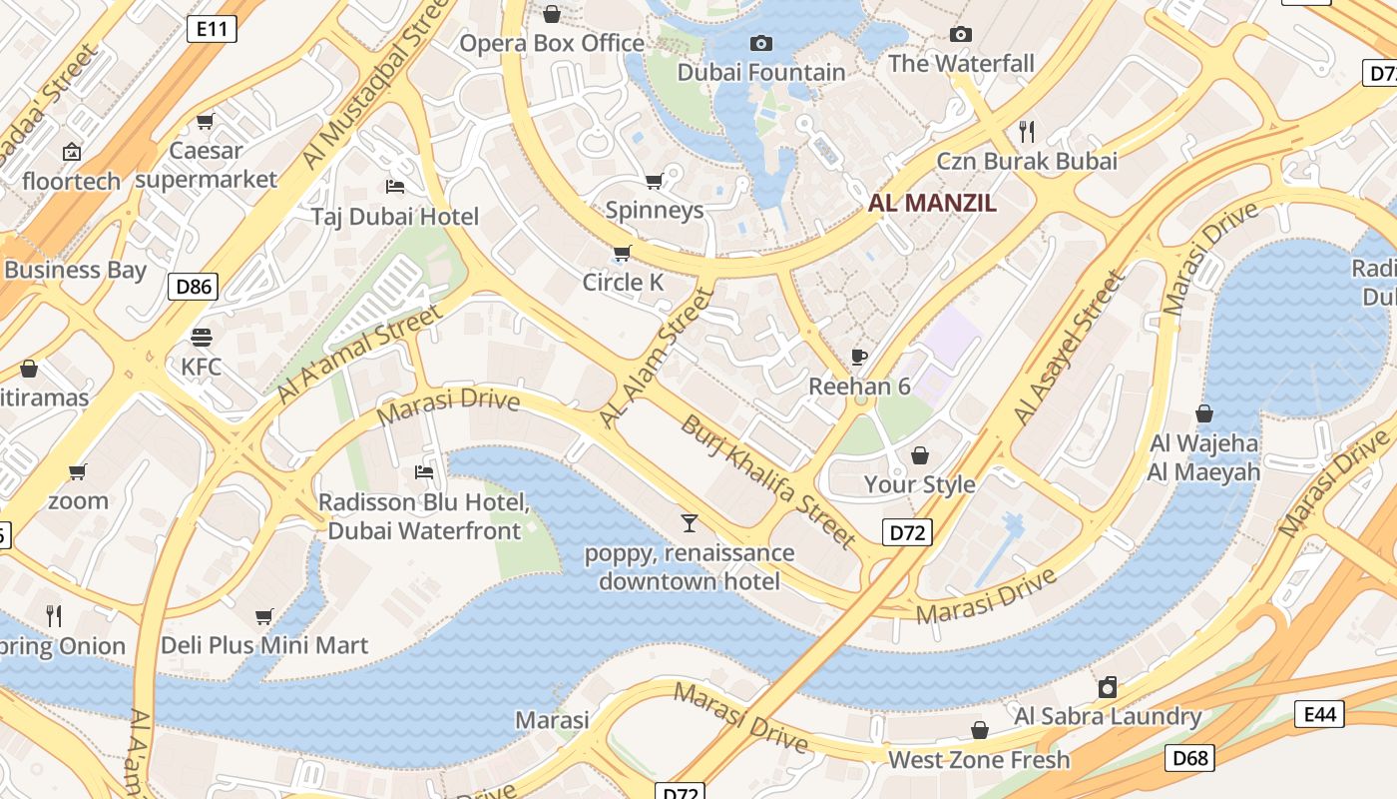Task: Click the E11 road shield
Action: point(212,29)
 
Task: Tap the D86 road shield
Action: point(193,288)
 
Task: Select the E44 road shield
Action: point(1319,713)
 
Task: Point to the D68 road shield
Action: point(1189,758)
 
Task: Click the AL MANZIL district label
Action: point(932,203)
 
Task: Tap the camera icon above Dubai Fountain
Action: point(760,44)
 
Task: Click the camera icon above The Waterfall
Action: point(961,35)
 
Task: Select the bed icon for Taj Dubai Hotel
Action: point(394,187)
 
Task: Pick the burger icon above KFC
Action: point(202,337)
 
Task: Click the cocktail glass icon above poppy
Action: point(689,522)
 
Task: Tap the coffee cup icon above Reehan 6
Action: point(858,357)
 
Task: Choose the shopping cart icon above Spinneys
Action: point(654,181)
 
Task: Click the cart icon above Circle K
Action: point(623,253)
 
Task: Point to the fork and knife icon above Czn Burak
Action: point(1026,131)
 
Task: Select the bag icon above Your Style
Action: point(919,455)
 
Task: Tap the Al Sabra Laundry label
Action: point(1108,716)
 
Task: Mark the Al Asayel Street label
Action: point(1069,349)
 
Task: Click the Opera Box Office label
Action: point(552,43)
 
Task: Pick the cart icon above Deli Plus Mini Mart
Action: point(264,616)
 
